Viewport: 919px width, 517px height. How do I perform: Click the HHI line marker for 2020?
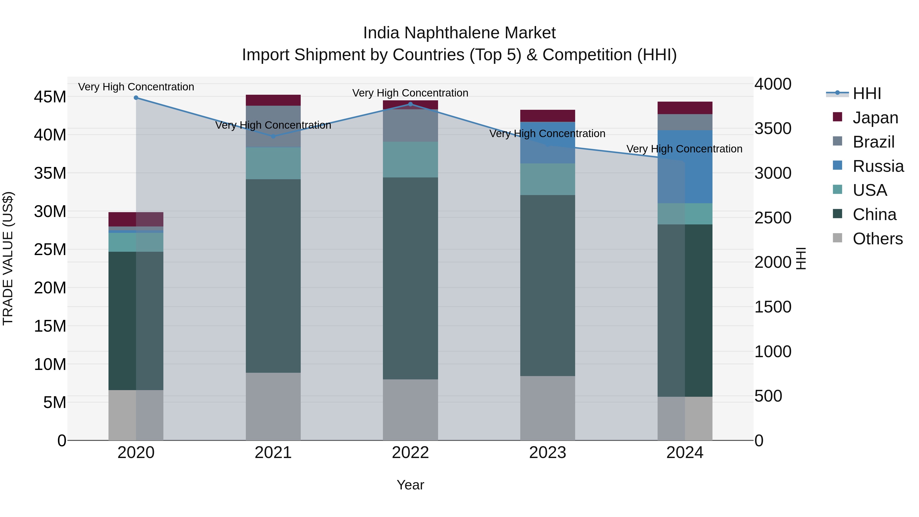click(136, 98)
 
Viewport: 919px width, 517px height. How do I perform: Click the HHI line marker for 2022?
click(410, 104)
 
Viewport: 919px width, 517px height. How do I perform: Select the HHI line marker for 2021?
click(273, 136)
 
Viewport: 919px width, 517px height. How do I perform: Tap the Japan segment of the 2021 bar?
click(273, 100)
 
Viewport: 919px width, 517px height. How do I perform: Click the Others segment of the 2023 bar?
click(548, 408)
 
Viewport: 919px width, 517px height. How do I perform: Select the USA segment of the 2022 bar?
click(410, 160)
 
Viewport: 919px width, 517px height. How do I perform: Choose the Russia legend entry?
click(878, 166)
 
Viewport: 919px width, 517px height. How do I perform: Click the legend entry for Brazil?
click(873, 142)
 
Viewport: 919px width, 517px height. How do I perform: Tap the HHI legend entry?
click(867, 93)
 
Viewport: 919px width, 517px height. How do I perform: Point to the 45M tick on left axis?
click(50, 97)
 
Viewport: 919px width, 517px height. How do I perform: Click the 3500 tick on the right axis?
click(773, 129)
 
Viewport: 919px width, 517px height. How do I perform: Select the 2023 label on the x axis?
click(548, 453)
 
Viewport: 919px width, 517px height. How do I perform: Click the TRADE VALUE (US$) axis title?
click(8, 258)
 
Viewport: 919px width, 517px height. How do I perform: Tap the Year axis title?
click(410, 485)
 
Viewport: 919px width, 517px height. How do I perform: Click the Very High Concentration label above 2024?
click(684, 149)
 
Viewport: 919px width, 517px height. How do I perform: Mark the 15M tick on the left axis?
click(50, 326)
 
